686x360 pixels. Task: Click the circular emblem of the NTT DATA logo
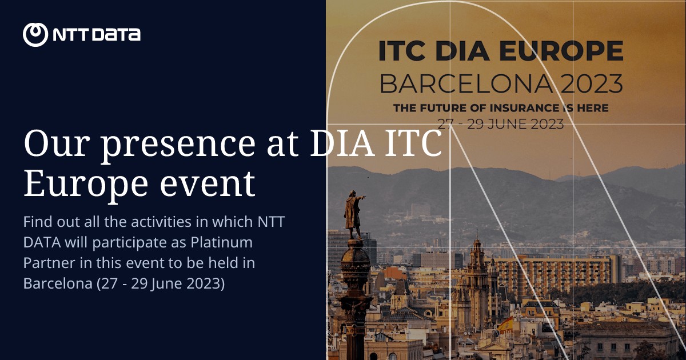35,34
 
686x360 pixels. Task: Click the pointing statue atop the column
352,214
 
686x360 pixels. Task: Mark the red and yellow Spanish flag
505,325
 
